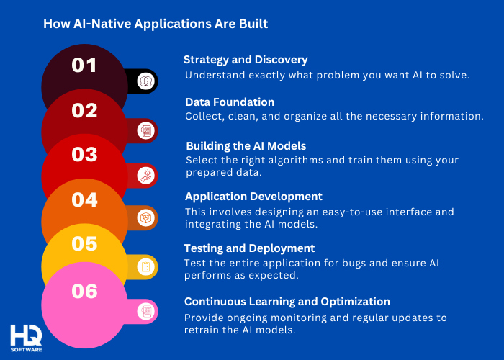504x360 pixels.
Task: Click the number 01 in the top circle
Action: (84, 66)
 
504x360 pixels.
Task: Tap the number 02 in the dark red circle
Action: (84, 110)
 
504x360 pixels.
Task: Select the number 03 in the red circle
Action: (84, 155)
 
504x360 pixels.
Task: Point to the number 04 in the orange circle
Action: (84, 199)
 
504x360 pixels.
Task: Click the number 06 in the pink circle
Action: (84, 291)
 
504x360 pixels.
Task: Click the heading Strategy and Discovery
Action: (246, 60)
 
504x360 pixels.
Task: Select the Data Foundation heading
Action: (230, 102)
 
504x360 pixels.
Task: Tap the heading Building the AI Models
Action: (246, 145)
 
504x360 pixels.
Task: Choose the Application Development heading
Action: (253, 196)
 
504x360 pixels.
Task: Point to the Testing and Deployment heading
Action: (249, 248)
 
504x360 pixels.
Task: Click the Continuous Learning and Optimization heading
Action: (287, 302)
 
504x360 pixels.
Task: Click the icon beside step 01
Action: (146, 81)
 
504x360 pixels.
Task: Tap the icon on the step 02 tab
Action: (146, 130)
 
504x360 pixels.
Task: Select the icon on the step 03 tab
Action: (146, 174)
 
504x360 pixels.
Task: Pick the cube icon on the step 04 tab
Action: (146, 217)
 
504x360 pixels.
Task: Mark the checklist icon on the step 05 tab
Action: (146, 268)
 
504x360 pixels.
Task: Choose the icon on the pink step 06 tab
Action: (146, 311)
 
